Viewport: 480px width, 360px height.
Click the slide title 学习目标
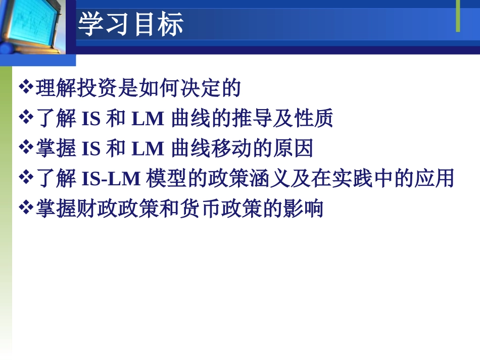pos(131,25)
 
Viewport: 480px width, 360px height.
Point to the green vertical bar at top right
pos(458,16)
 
